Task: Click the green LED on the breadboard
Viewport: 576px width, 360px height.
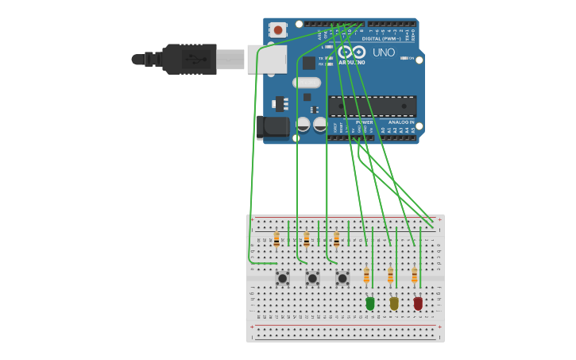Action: click(x=370, y=303)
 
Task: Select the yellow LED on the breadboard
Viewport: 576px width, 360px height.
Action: click(x=394, y=303)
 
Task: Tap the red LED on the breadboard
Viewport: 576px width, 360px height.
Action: click(x=418, y=303)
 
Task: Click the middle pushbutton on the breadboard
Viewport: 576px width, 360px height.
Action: click(x=312, y=278)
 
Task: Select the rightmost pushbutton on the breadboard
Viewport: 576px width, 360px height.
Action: click(x=342, y=278)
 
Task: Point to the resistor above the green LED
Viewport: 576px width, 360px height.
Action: click(x=366, y=276)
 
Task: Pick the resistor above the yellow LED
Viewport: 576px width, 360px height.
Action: click(x=390, y=276)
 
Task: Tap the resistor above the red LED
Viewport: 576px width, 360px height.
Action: click(x=414, y=276)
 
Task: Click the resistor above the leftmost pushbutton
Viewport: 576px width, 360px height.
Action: click(x=276, y=239)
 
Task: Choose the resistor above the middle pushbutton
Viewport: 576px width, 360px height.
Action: click(x=307, y=239)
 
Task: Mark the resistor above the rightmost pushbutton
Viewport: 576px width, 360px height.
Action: click(x=336, y=239)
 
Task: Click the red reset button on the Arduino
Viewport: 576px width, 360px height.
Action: click(x=277, y=30)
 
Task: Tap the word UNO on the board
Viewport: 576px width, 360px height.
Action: click(x=384, y=52)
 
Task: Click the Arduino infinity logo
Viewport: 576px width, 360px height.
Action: click(x=352, y=52)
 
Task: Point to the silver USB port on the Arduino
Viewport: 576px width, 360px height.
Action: click(x=267, y=59)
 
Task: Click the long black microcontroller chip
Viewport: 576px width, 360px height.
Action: click(x=373, y=106)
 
